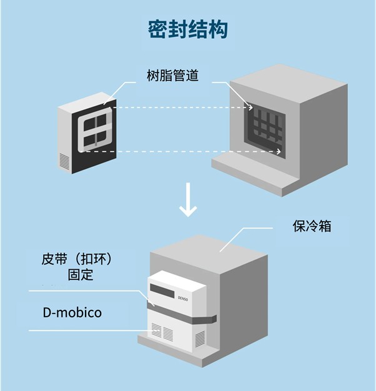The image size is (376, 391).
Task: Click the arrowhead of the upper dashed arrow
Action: [252, 107]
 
